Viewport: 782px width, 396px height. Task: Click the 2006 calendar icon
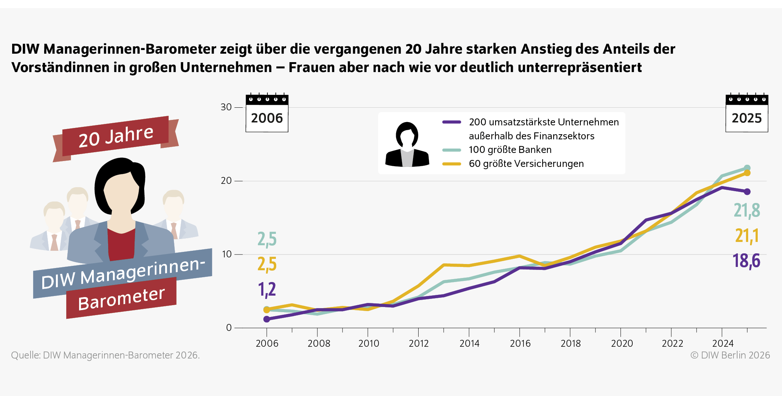[x=267, y=113]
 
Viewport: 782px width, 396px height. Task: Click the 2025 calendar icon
[x=747, y=113]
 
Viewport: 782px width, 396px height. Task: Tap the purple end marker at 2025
[x=747, y=192]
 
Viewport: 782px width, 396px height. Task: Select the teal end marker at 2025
[x=747, y=168]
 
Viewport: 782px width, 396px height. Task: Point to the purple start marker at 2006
[x=267, y=319]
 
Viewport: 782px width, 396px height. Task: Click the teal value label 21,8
[x=747, y=211]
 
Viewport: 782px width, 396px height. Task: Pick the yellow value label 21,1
[x=747, y=236]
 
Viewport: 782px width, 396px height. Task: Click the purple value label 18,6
[x=746, y=261]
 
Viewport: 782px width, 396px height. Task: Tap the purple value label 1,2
[x=267, y=290]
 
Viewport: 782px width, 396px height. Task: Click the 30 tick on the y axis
[x=226, y=107]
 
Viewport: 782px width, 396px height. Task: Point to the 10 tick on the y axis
[x=227, y=254]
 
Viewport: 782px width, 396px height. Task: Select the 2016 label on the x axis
[x=520, y=343]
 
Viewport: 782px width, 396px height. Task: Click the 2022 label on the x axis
[x=672, y=343]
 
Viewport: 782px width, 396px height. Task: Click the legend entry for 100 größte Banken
[x=510, y=150]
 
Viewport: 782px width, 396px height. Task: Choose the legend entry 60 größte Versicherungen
[x=526, y=164]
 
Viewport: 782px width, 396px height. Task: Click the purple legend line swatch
[x=452, y=122]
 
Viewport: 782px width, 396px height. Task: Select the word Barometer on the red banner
[x=121, y=299]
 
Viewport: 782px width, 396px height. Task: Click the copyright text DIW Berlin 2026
[x=730, y=355]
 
